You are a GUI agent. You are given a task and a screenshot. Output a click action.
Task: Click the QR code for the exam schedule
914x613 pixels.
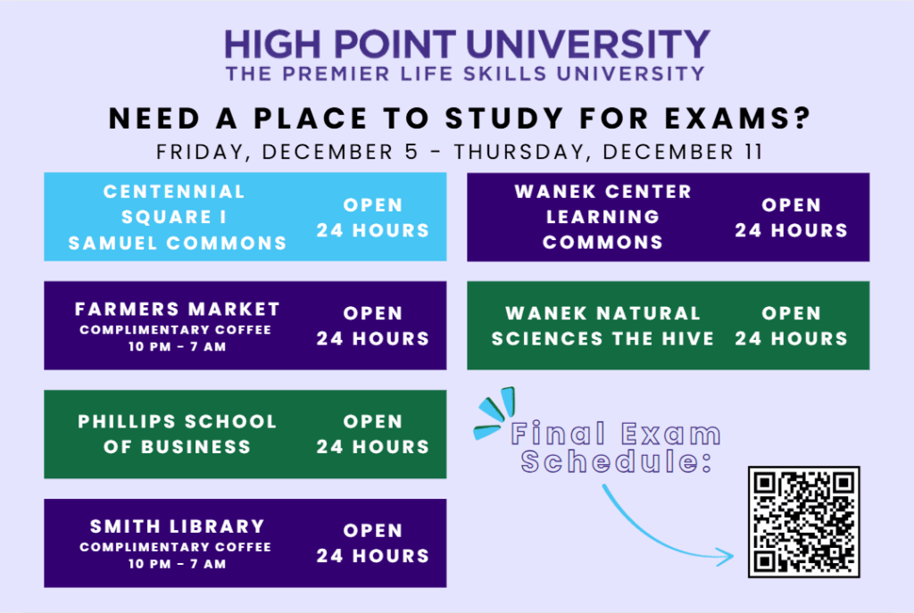pos(804,521)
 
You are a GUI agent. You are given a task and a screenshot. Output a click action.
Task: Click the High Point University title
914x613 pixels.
pos(467,45)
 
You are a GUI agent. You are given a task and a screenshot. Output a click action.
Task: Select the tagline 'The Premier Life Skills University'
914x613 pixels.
pos(465,74)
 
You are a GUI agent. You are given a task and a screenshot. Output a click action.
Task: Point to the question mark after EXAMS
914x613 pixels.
pos(802,119)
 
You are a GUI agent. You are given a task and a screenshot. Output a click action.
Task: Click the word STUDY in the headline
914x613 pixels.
pos(505,119)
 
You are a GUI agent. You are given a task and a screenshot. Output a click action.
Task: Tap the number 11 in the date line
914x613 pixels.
pos(753,152)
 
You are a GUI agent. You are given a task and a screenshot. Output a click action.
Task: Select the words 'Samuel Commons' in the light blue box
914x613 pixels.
pos(178,243)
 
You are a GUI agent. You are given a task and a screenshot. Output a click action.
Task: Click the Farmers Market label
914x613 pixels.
pos(178,309)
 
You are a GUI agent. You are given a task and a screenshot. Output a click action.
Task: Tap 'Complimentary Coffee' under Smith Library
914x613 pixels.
pos(176,547)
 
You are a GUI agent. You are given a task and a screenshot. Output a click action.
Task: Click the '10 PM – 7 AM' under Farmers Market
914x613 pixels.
pos(178,347)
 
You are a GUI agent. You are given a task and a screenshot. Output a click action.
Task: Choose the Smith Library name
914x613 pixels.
pos(178,526)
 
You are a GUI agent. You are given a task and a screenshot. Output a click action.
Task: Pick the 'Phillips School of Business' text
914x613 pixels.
pos(178,435)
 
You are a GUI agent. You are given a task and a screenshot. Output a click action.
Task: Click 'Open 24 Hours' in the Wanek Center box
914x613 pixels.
pos(791,218)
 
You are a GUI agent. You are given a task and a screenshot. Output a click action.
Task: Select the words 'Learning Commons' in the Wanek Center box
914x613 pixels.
pos(602,229)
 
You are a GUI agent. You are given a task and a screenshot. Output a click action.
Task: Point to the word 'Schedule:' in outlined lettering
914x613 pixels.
pos(616,461)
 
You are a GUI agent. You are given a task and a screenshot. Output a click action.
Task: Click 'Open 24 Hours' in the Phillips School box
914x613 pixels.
pos(373,435)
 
